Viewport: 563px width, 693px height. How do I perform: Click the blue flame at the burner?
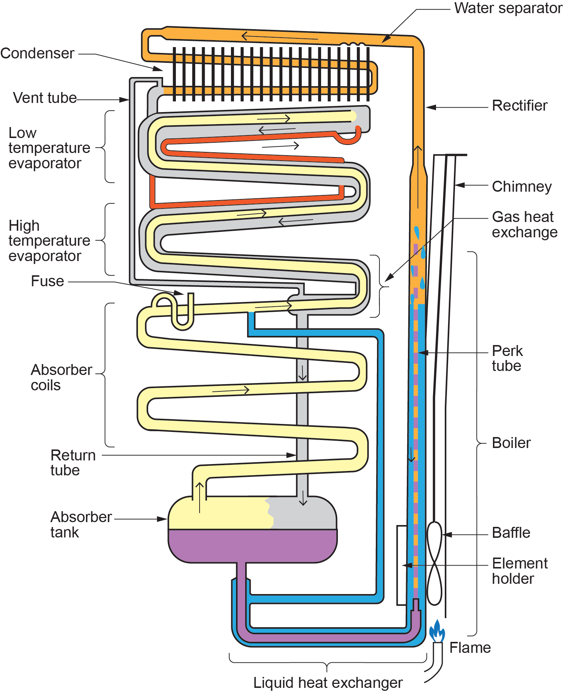[437, 631]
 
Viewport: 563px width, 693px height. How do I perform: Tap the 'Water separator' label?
[508, 8]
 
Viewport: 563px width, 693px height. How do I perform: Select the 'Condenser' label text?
[37, 53]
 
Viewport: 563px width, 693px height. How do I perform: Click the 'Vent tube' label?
[45, 98]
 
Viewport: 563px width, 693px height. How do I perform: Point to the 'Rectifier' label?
[519, 106]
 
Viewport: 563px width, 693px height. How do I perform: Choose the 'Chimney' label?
[521, 187]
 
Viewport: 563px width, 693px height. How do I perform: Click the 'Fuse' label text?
[47, 281]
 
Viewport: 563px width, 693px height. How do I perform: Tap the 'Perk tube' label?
[507, 358]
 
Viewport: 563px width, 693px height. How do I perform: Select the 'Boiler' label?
[511, 443]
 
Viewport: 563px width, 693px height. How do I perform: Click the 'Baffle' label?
[511, 533]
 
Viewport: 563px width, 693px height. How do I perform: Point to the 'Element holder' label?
[519, 571]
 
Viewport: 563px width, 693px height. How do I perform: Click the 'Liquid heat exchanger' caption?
[328, 682]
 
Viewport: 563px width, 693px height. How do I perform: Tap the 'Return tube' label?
[73, 463]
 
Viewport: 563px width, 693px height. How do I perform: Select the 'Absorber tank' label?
[81, 525]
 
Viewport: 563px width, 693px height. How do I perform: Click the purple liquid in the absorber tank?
[252, 545]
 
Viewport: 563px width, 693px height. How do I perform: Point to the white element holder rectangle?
[401, 565]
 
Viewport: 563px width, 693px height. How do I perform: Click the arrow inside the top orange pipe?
[279, 37]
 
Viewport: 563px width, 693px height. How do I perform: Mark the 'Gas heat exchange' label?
[524, 225]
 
